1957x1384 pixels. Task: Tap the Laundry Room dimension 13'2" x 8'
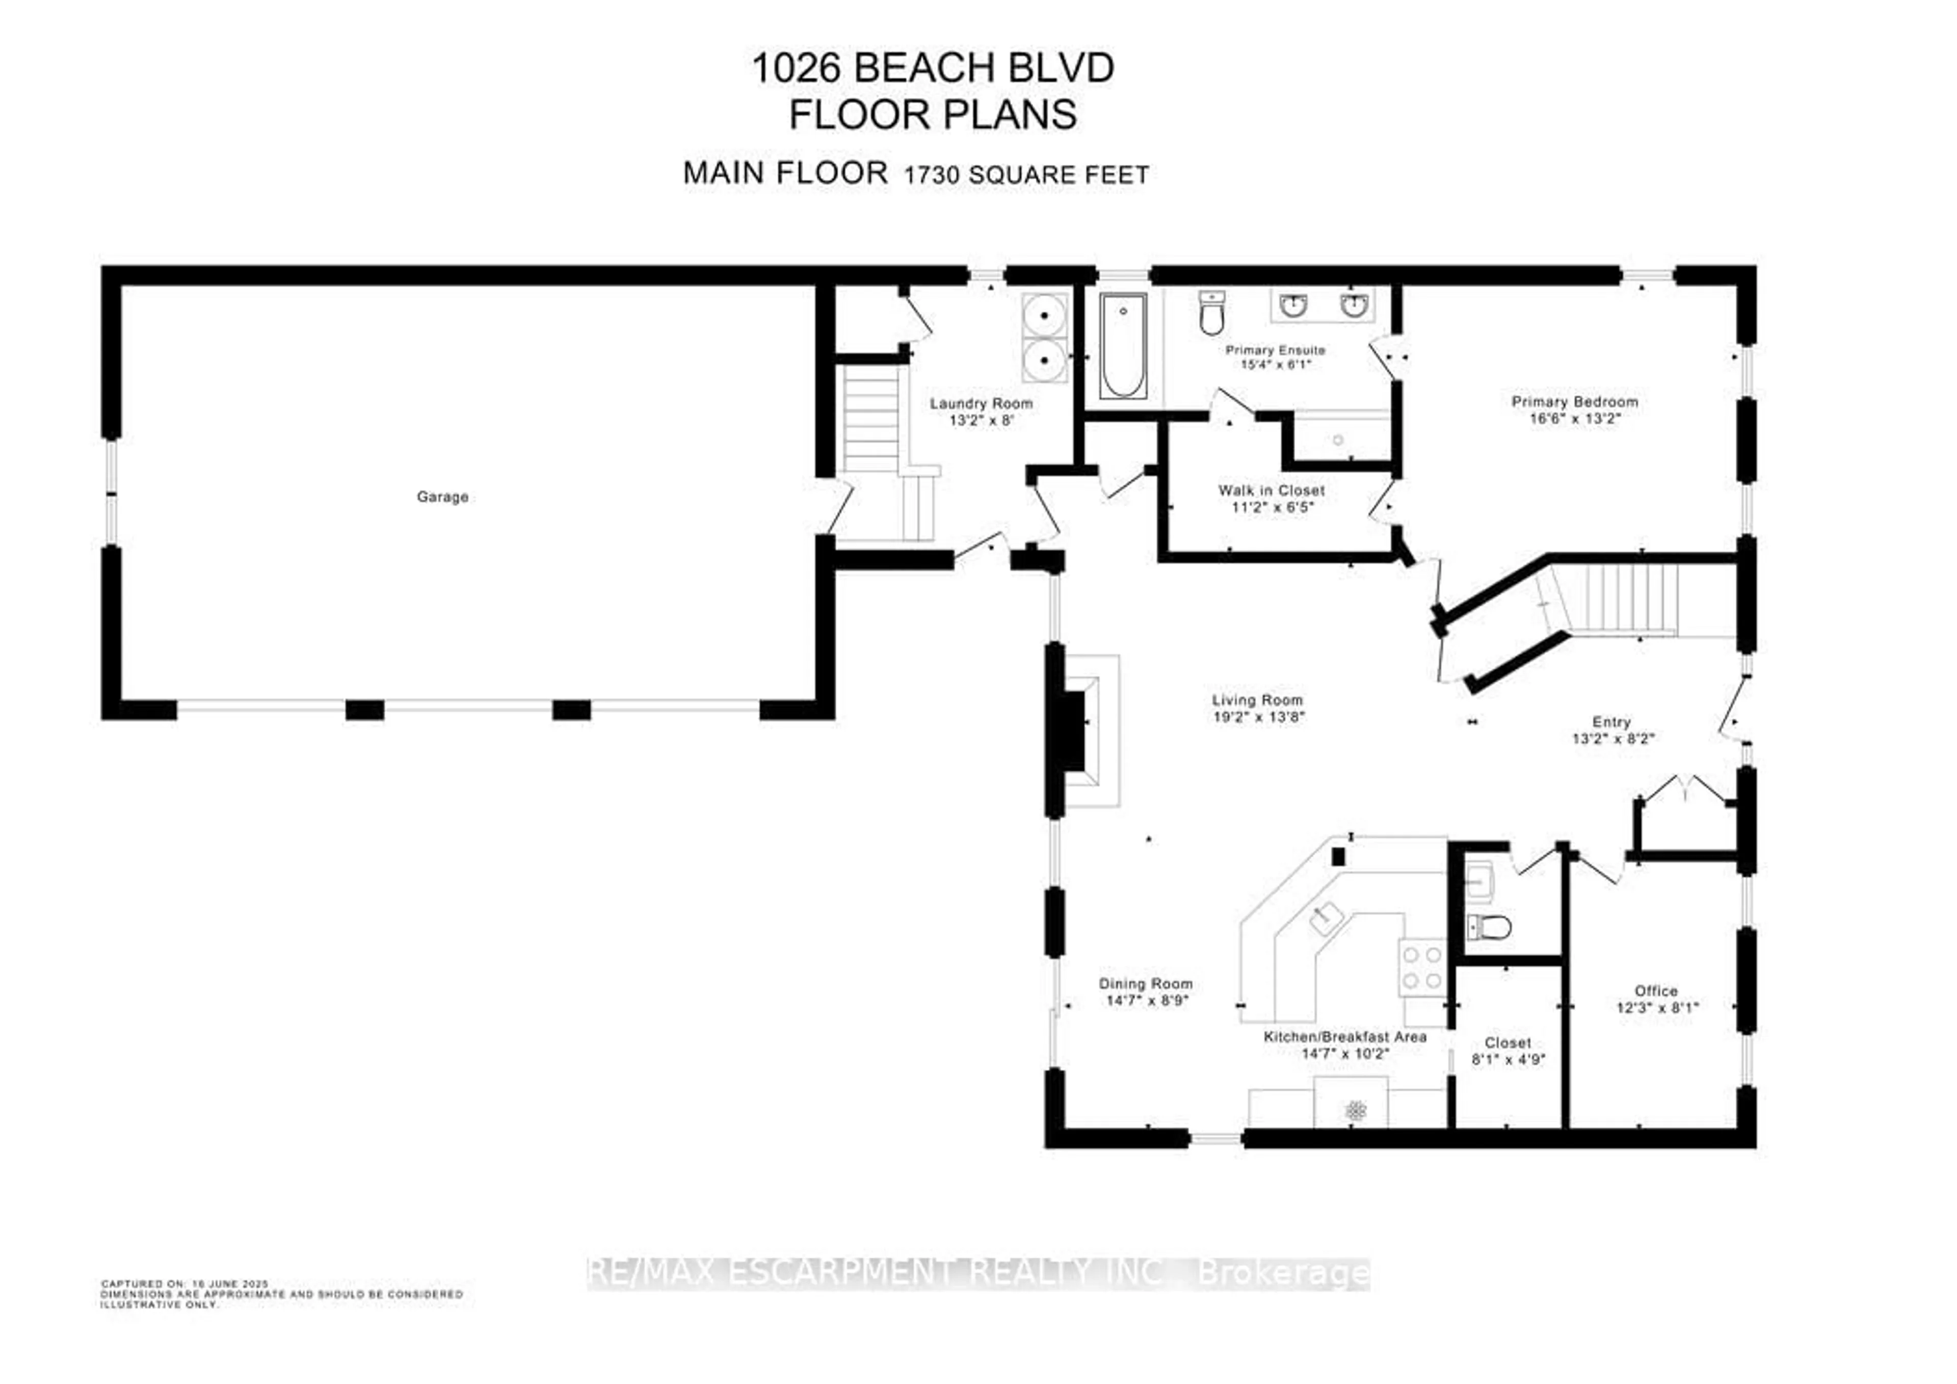pos(981,420)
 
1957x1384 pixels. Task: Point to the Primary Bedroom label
pos(1574,402)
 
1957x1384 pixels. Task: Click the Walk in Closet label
pos(1271,491)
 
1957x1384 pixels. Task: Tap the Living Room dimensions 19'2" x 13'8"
pos(1258,717)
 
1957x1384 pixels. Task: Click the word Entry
pos(1611,722)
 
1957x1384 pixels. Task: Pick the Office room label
pos(1655,991)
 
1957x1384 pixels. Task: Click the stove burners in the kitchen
pos(1422,967)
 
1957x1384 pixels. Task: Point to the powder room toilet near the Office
pos(1489,927)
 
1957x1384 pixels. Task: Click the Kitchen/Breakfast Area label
pos(1344,1037)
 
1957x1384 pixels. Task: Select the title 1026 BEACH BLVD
pos(933,68)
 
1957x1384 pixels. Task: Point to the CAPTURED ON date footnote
pos(185,1284)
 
